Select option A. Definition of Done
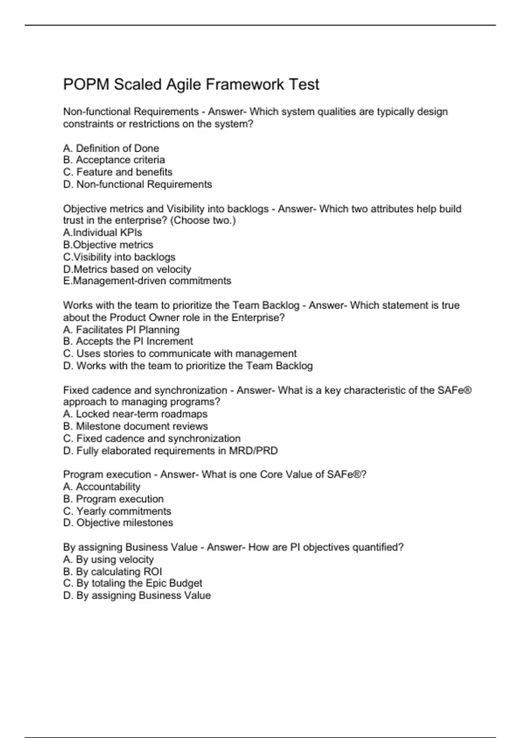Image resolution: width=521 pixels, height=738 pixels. tap(111, 148)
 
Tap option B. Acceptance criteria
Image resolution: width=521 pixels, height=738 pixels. tap(114, 160)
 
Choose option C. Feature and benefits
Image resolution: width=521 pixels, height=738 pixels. tap(118, 172)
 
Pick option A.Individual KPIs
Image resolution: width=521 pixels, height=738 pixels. tap(102, 232)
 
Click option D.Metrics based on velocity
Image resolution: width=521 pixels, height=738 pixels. tap(127, 269)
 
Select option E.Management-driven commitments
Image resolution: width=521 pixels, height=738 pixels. tap(147, 281)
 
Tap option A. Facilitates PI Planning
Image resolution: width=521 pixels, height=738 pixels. tap(121, 329)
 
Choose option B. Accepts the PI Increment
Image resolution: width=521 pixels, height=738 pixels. tap(128, 341)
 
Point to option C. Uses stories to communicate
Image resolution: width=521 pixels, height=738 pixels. tap(180, 353)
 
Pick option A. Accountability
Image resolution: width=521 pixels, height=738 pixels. tap(102, 487)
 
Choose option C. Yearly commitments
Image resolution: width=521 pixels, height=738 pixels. tap(117, 511)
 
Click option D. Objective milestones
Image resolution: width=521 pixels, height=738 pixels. tap(118, 523)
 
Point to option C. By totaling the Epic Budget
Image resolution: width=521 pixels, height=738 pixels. tap(132, 583)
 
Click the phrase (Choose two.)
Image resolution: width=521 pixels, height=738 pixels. tap(203, 221)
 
